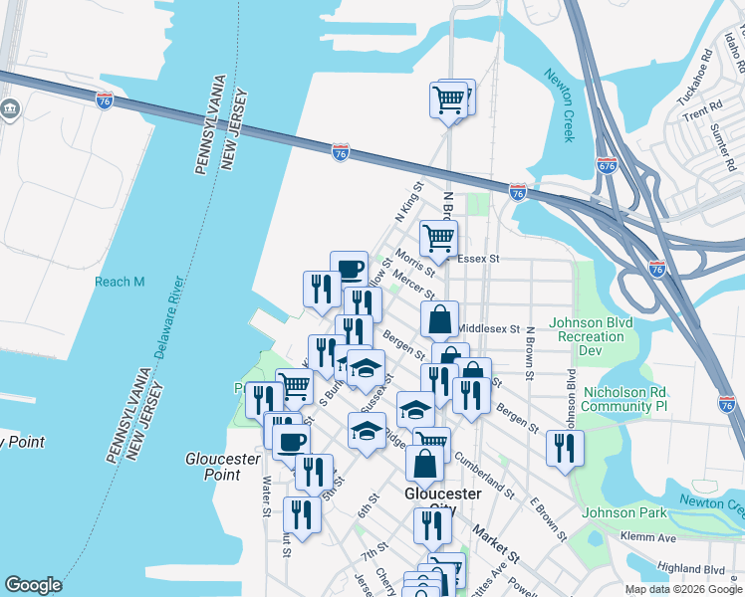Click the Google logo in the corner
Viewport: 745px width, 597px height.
coord(33,585)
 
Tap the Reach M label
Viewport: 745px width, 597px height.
coord(120,282)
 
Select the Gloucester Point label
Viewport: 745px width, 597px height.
coord(222,467)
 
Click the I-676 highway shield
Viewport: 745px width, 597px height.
coord(607,164)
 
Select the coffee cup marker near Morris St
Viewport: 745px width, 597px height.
coord(349,269)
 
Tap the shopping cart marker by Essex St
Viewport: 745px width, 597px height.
coord(438,239)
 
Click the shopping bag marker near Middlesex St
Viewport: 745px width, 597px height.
coord(439,319)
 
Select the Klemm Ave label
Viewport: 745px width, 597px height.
coord(653,537)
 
